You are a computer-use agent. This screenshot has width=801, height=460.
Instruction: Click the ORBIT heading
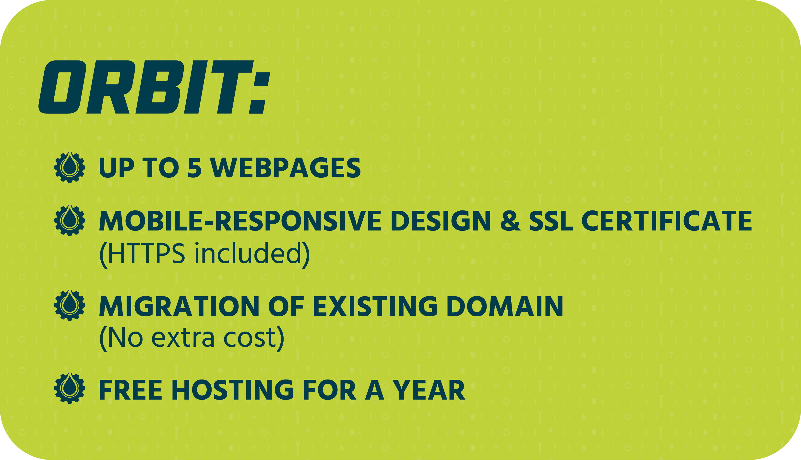tap(154, 87)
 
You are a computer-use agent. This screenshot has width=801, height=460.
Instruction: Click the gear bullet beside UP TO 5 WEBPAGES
tap(70, 167)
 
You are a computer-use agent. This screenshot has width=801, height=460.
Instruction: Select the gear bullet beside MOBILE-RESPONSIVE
tap(70, 220)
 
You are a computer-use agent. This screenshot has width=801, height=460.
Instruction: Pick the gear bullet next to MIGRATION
tap(70, 305)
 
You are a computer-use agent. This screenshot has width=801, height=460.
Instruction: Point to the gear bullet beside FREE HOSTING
tap(70, 388)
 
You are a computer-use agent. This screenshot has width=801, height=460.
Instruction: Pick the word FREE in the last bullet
tap(131, 390)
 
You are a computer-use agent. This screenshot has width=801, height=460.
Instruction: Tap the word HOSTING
tap(233, 390)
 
